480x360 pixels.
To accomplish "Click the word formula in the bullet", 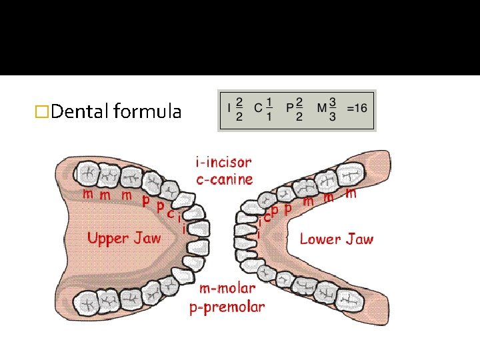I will (147, 111).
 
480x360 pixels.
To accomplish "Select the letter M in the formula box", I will (322, 109).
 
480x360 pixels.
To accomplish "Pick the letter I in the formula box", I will (229, 109).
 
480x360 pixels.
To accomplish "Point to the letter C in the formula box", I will (258, 109).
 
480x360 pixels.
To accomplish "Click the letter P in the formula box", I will (289, 109).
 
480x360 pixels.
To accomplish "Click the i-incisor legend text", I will (223, 162).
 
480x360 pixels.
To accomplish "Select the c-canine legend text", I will (224, 179).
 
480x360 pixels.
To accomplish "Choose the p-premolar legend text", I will (227, 307).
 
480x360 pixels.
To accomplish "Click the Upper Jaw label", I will (124, 239).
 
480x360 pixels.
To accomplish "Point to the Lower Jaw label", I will (337, 239).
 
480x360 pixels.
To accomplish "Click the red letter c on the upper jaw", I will (171, 213).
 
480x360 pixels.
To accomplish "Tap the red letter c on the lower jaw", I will (268, 216).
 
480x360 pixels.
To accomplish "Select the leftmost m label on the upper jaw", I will (88, 194).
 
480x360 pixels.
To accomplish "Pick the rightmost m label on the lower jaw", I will (351, 194).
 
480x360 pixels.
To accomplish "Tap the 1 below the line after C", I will (269, 117).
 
